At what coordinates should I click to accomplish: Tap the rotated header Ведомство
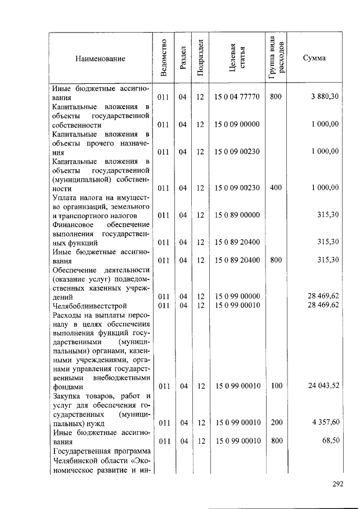coord(163,58)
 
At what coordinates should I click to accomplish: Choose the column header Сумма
coord(314,58)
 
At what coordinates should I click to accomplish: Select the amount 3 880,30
coord(325,97)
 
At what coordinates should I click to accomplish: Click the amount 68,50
coord(329,441)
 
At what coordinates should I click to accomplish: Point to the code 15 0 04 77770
coord(237,97)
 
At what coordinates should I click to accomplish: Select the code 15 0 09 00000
coord(237,124)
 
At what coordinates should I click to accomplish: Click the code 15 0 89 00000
coord(237,215)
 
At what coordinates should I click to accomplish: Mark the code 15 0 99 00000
coord(237,296)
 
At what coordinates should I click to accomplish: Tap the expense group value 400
coord(276,188)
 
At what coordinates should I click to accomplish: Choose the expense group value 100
coord(276,386)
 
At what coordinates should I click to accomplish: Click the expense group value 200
coord(276,422)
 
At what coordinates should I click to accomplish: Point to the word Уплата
coord(64,197)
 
